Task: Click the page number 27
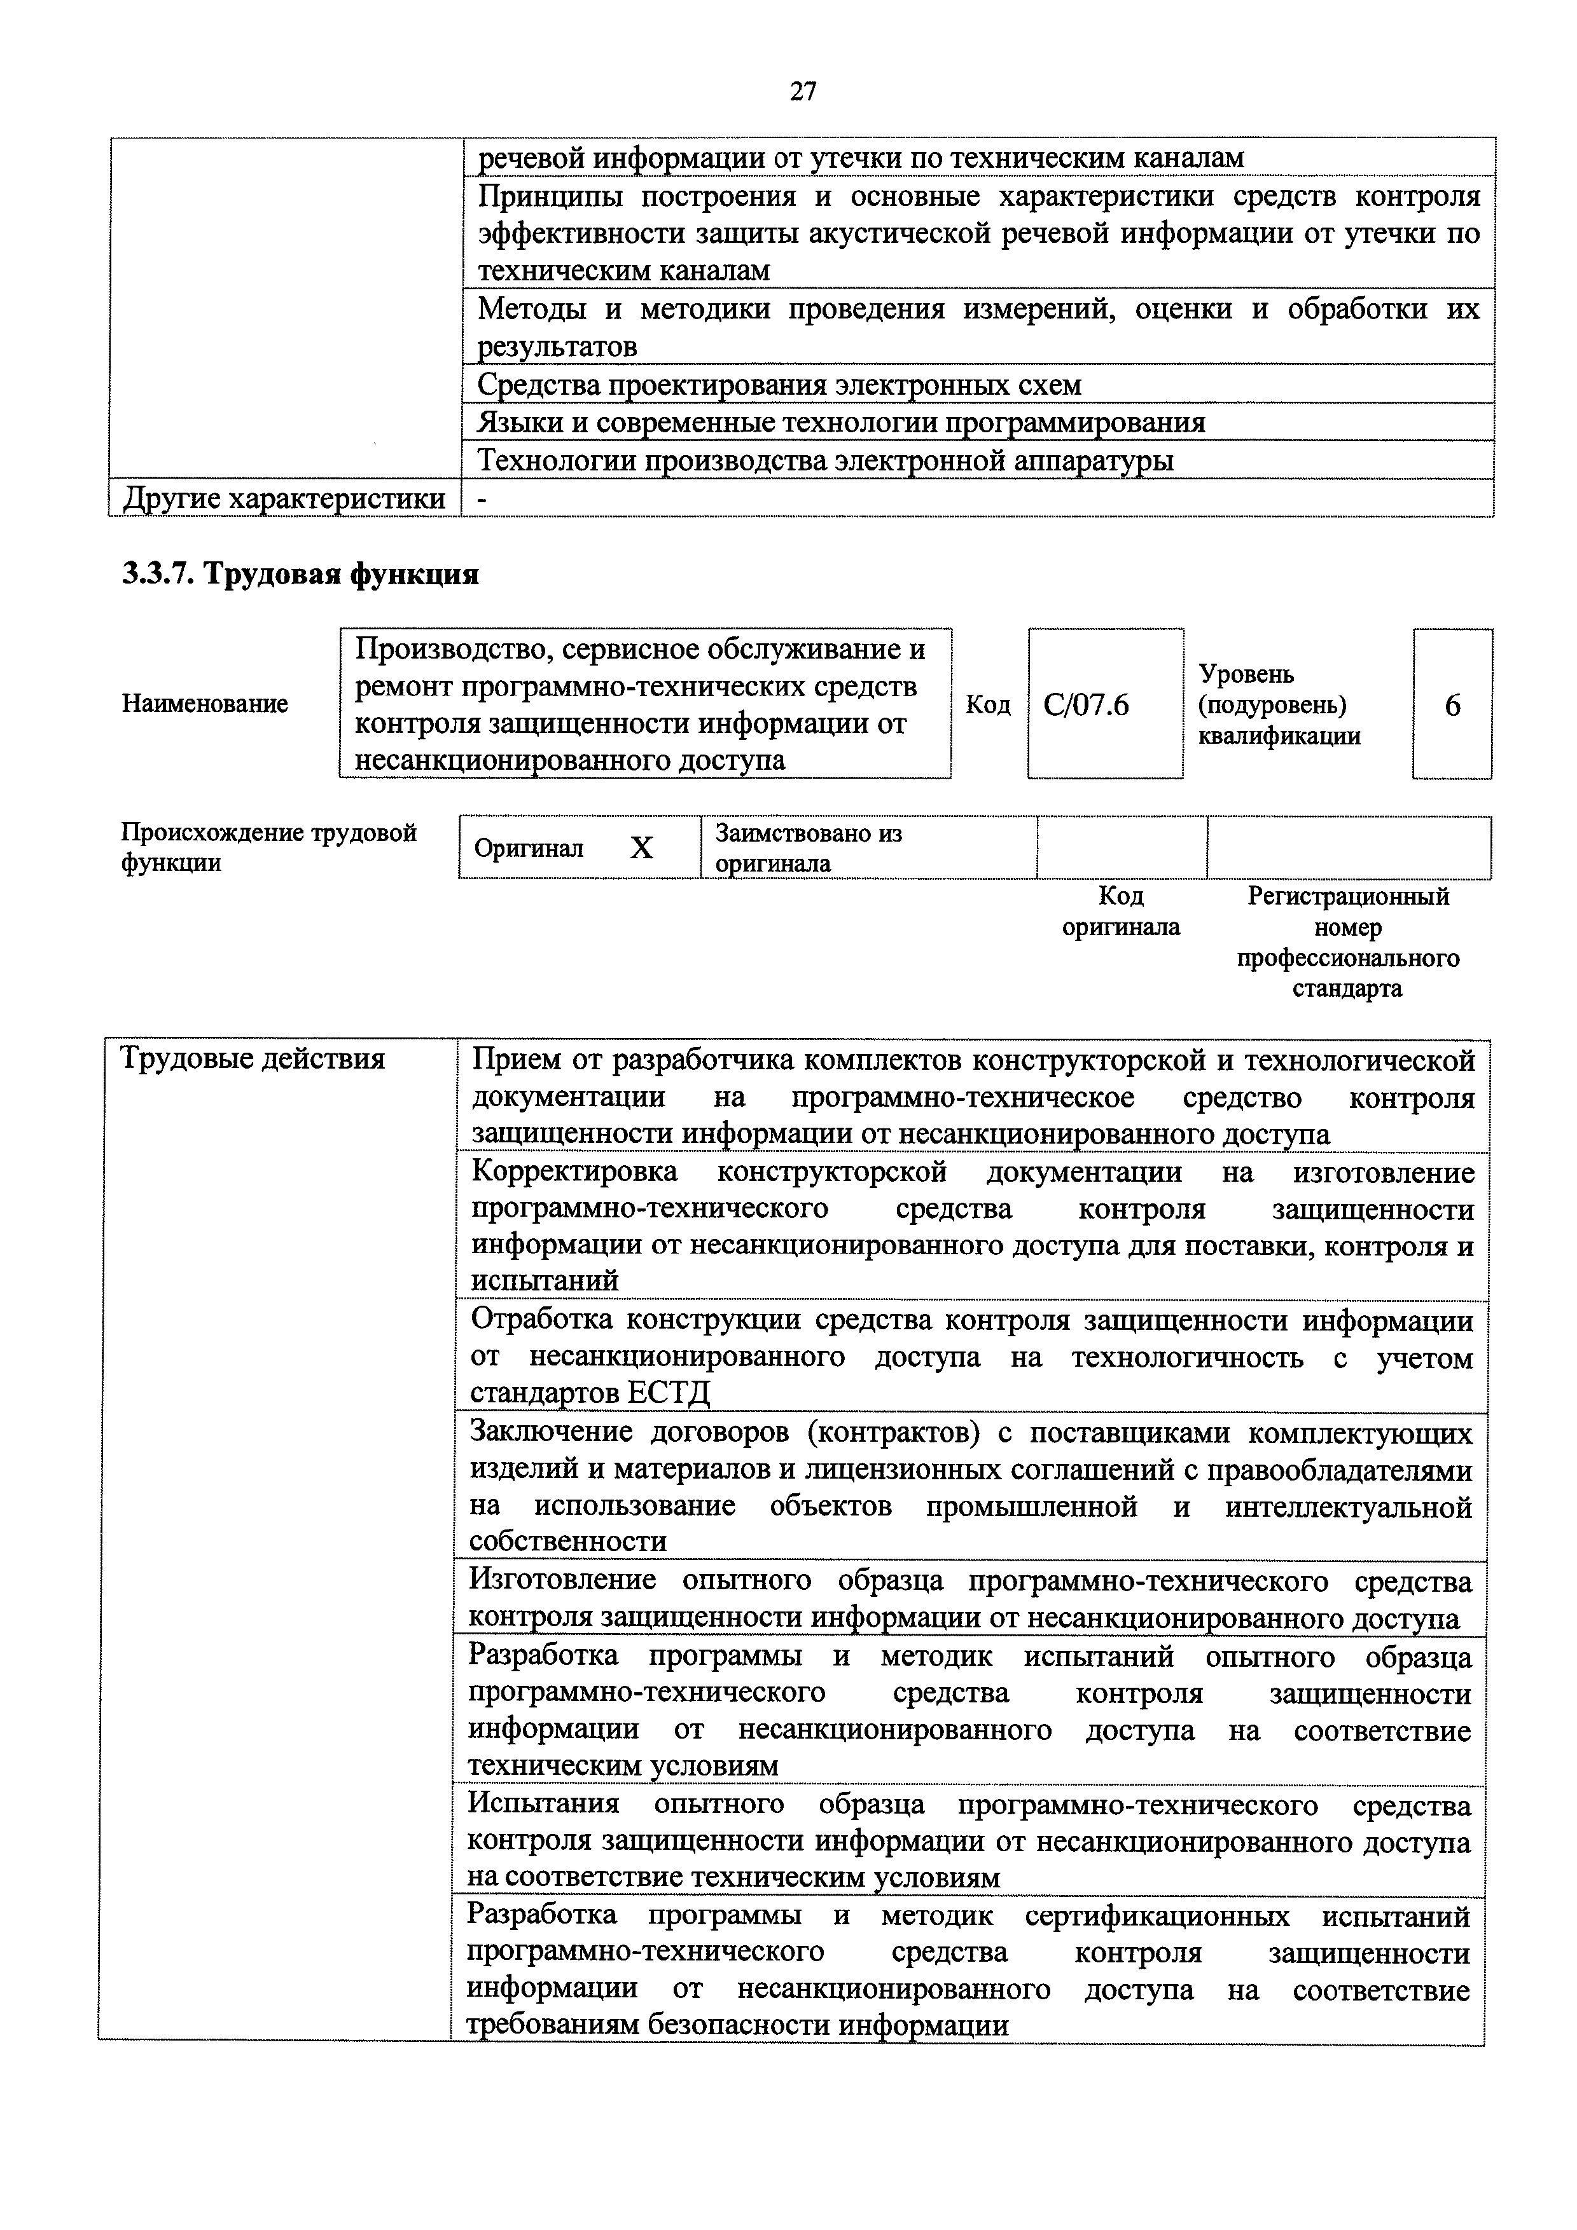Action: tap(803, 92)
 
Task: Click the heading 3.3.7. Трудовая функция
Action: tap(300, 575)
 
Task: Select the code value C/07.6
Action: tap(1087, 704)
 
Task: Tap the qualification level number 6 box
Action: tap(1452, 705)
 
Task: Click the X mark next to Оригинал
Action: tap(641, 849)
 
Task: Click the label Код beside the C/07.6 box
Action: tap(987, 704)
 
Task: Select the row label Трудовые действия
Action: tap(252, 1058)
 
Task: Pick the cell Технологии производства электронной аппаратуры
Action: tap(825, 460)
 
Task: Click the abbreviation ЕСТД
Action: tap(669, 1393)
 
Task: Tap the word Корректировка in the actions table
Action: tap(574, 1172)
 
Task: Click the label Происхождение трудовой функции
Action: tap(268, 848)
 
